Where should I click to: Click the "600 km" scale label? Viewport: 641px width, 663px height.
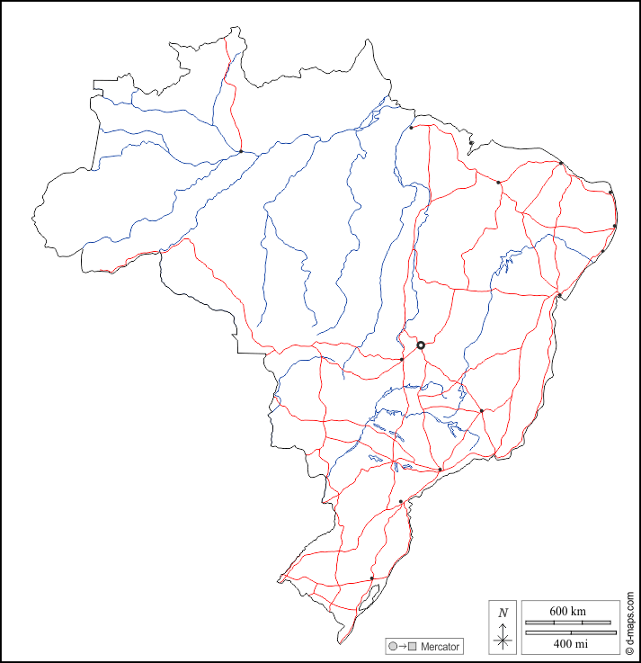(570, 612)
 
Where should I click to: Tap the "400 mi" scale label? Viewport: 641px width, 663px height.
(570, 644)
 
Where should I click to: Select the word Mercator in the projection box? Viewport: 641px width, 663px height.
(440, 647)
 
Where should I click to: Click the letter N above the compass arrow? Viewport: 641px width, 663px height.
(503, 613)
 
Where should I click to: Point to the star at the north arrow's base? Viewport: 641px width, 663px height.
(503, 641)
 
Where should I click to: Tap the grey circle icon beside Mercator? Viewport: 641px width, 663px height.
(393, 647)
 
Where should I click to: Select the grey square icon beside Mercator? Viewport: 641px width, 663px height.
(413, 647)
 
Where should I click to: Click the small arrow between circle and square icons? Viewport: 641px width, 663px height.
(403, 647)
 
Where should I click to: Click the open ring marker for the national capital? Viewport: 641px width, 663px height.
(420, 345)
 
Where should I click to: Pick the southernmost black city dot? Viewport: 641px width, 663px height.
(371, 578)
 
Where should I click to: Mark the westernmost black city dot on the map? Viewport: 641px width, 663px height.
(241, 151)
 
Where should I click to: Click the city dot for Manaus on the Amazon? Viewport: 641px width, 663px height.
(241, 151)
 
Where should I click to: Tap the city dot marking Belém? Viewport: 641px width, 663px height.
(411, 128)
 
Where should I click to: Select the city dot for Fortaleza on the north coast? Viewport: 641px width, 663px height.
(561, 163)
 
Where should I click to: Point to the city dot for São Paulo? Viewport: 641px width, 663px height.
(439, 470)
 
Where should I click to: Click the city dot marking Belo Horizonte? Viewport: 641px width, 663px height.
(482, 411)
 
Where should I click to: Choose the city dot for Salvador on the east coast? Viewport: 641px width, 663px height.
(559, 295)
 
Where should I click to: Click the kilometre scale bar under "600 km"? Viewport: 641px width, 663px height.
(570, 622)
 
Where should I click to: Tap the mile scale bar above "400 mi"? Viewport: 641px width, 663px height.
(570, 632)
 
